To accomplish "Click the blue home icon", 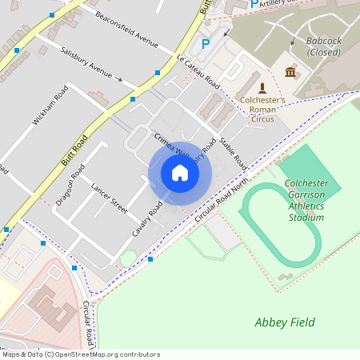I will (x=180, y=173).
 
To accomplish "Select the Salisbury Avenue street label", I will (x=86, y=62).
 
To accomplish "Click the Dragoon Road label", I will (x=70, y=186).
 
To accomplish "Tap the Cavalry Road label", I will (x=147, y=219).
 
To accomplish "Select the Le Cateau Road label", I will (x=198, y=71).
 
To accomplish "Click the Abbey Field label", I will (x=284, y=322).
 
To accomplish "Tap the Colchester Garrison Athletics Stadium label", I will (x=306, y=200).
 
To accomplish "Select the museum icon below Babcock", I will (x=290, y=73).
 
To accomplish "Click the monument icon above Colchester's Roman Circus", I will (x=262, y=87).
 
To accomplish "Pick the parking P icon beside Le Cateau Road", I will (x=205, y=44).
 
